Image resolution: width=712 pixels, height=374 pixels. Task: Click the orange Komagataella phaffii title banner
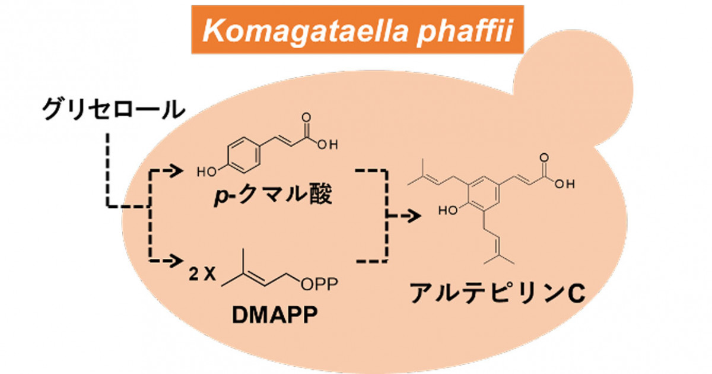click(x=358, y=29)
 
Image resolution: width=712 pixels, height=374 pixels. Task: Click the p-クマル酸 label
click(x=273, y=196)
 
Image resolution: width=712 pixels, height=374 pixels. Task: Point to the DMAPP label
click(x=272, y=315)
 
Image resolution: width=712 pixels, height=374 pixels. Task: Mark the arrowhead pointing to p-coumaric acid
click(x=175, y=170)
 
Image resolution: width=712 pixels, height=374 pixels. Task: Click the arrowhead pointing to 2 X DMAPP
click(x=175, y=259)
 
